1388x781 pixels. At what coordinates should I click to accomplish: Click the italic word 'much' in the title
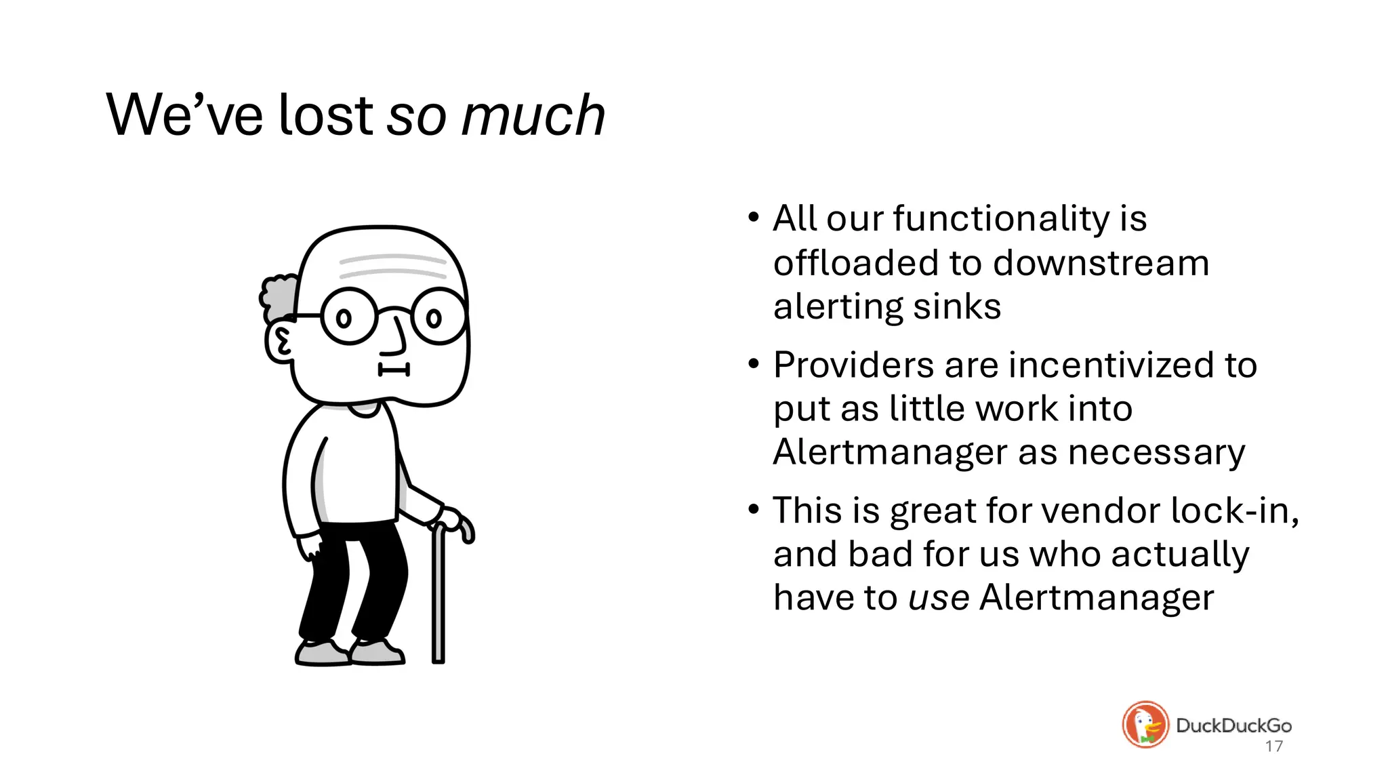click(x=533, y=115)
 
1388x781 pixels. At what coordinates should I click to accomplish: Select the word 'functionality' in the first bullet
click(x=1001, y=219)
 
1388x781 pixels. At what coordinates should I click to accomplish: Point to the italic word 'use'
click(x=939, y=598)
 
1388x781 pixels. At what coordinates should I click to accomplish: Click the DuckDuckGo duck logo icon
click(x=1145, y=725)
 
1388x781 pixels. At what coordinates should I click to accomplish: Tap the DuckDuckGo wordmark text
click(x=1233, y=725)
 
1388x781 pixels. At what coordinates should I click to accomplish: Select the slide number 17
click(x=1273, y=746)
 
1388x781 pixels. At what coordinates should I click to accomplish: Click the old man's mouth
click(x=394, y=369)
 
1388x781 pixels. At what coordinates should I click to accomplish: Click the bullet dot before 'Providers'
click(x=754, y=364)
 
